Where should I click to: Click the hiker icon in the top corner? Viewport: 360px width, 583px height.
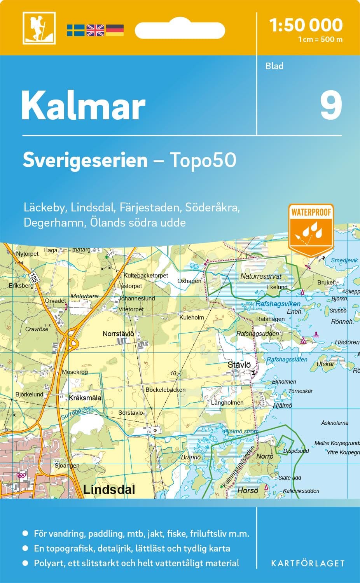(39, 28)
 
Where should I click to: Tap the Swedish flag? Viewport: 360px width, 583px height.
(75, 30)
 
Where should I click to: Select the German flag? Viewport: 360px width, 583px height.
(115, 30)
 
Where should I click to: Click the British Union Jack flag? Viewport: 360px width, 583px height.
(95, 30)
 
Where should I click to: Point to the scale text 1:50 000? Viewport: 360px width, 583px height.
(306, 25)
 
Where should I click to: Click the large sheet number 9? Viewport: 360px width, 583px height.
(331, 106)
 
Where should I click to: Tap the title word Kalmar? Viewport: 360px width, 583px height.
(83, 106)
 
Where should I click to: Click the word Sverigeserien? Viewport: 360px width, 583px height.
(85, 160)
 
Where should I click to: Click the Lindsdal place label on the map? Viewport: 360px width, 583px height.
(109, 490)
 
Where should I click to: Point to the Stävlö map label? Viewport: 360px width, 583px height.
(239, 365)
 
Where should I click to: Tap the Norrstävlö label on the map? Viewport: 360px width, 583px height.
(118, 334)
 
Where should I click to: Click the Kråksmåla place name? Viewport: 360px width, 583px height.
(85, 398)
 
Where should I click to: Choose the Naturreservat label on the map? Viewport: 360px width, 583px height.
(261, 276)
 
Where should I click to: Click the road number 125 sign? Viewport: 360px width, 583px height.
(34, 278)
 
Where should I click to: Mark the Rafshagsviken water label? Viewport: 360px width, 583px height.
(278, 304)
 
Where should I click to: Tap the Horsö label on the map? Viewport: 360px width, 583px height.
(248, 490)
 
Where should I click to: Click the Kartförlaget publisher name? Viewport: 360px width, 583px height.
(308, 563)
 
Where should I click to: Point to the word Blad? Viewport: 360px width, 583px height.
(274, 66)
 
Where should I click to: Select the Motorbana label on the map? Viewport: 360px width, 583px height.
(84, 296)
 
